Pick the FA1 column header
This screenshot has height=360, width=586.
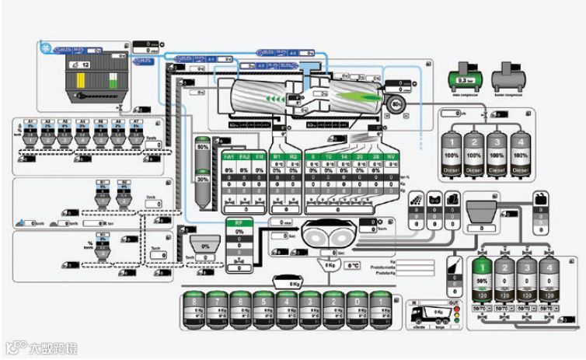pos(228,157)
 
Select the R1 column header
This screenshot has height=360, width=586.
pos(277,157)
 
